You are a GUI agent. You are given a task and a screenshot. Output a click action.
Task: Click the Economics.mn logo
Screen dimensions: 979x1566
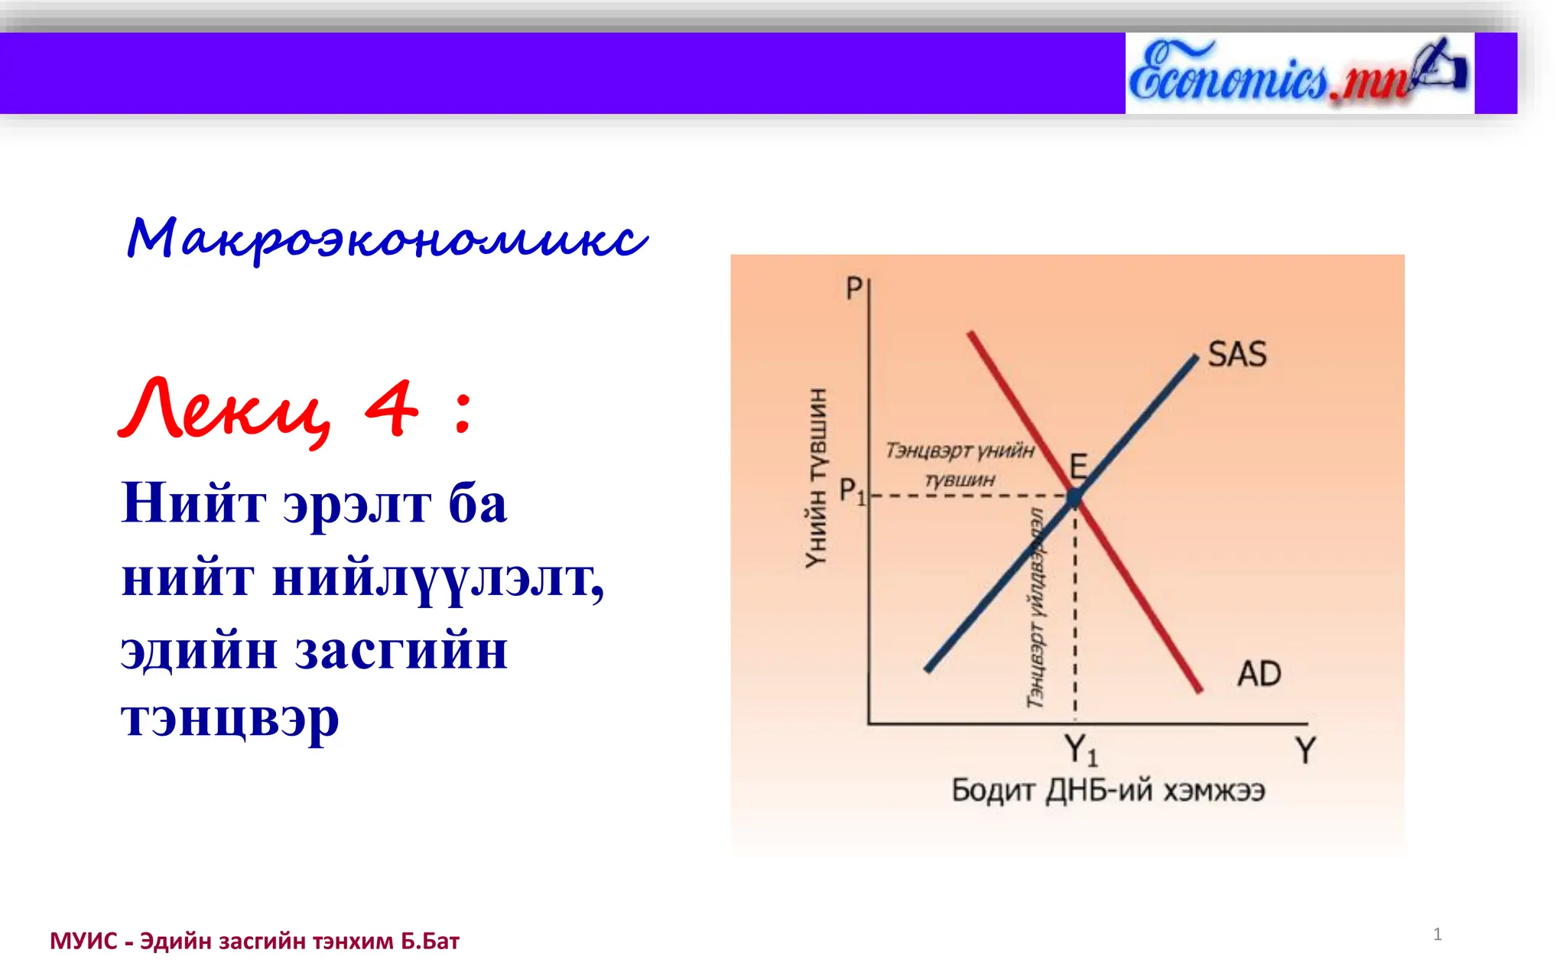[1298, 73]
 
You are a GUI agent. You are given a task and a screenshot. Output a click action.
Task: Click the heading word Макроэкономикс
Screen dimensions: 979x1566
[387, 239]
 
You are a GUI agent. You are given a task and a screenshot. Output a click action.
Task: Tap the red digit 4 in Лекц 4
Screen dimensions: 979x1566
[391, 409]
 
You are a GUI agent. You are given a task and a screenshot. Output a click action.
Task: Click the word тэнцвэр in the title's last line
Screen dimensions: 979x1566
[229, 719]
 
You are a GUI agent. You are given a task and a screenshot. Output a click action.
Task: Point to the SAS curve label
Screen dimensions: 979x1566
[1236, 355]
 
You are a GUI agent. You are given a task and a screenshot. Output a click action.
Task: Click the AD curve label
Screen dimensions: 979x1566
[1259, 675]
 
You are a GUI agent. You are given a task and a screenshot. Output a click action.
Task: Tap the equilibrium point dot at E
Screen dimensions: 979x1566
[1074, 498]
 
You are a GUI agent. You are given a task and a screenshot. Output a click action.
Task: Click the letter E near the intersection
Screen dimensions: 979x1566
[1078, 466]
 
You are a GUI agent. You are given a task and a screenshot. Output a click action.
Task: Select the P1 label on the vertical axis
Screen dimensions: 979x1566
[851, 491]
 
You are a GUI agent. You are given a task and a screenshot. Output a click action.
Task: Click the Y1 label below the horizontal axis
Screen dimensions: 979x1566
[1080, 750]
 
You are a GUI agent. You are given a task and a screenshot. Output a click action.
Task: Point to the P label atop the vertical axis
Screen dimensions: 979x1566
[853, 289]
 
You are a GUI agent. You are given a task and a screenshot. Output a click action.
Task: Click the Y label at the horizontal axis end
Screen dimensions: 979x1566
[1305, 750]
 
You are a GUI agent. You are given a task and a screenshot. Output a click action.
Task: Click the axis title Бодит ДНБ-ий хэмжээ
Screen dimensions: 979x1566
[1107, 790]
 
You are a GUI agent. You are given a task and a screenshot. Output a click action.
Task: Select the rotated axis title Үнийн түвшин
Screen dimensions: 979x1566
[817, 478]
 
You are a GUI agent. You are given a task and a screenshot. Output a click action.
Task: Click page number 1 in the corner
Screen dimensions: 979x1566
[1437, 934]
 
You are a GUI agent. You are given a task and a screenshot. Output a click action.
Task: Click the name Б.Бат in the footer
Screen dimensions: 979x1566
[430, 942]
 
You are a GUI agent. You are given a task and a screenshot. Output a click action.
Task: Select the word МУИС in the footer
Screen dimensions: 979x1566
[83, 942]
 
